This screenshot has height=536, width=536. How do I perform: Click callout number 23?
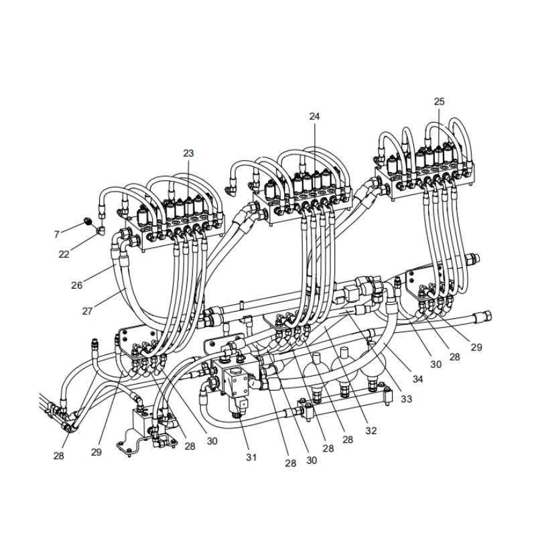pos(188,153)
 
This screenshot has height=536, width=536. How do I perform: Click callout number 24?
pos(314,116)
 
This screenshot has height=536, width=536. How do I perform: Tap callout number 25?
pos(439,102)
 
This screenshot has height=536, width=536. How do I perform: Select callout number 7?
pos(57,234)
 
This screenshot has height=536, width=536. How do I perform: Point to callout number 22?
pos(64,254)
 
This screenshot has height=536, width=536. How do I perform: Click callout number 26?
pos(77,285)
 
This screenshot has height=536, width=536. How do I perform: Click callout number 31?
pos(251,458)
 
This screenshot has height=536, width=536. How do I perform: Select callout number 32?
pos(371,431)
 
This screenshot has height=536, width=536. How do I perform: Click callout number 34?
pos(417,379)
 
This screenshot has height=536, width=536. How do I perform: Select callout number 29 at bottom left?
pos(96,452)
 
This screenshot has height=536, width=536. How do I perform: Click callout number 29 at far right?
pos(476,348)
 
